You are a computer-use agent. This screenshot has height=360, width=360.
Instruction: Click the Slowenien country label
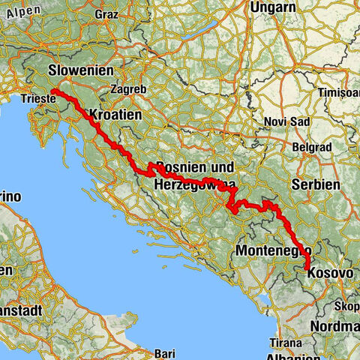[80, 70]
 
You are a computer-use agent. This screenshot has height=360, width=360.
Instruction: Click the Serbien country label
[319, 184]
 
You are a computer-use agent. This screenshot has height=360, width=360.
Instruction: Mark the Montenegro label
[271, 250]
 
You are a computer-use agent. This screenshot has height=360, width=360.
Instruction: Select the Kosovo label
[330, 274]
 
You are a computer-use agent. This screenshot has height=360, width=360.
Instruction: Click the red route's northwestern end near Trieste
[55, 92]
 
